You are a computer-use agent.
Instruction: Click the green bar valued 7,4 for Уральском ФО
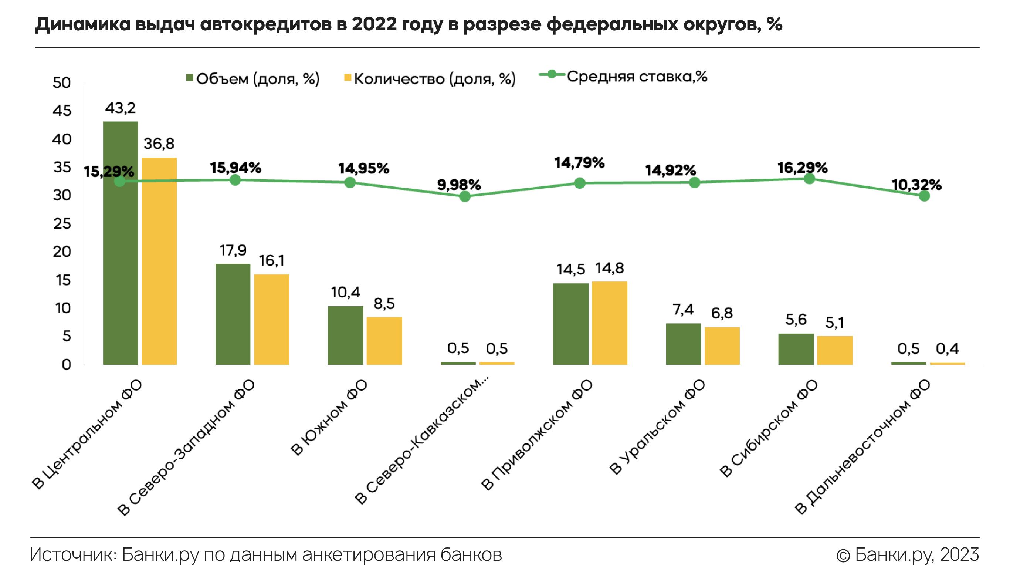(x=683, y=344)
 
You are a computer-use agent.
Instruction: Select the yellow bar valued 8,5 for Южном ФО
(x=384, y=340)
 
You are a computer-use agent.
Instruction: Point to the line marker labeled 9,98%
(x=465, y=196)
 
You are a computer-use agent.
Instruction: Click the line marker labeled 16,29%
(x=809, y=179)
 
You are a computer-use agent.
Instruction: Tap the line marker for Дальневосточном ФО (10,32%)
(x=924, y=196)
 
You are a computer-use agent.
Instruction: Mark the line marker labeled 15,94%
(x=235, y=180)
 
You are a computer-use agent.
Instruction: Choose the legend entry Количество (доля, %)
(x=430, y=79)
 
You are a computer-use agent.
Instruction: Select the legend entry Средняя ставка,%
(x=624, y=76)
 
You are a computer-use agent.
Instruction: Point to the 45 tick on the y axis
(x=62, y=111)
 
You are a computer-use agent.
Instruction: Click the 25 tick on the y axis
(x=62, y=224)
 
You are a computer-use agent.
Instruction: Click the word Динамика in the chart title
(x=83, y=24)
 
